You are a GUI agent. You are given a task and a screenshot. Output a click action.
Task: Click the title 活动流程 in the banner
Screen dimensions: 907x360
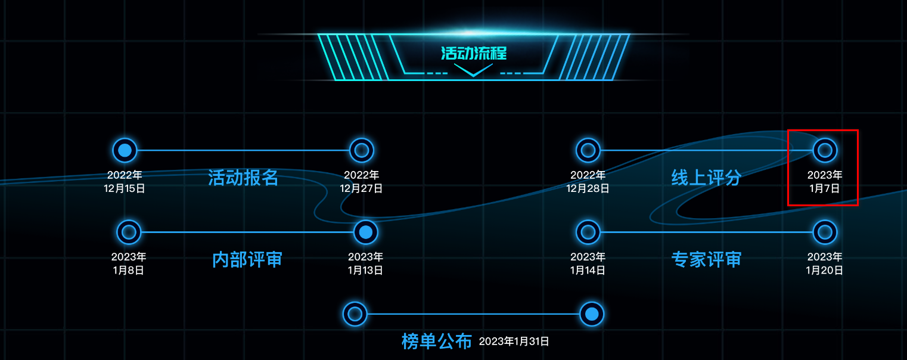pyautogui.click(x=473, y=53)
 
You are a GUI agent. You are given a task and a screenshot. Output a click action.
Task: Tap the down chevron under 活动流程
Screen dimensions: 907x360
pyautogui.click(x=473, y=70)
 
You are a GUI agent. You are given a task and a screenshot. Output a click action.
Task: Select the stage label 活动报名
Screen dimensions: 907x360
pyautogui.click(x=243, y=178)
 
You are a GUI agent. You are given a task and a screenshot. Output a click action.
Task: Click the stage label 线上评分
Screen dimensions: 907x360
pyautogui.click(x=706, y=178)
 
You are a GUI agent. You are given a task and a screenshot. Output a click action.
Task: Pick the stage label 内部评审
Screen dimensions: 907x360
pyautogui.click(x=247, y=260)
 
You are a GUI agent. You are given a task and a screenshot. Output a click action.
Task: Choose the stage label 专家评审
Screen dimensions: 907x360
pyautogui.click(x=706, y=260)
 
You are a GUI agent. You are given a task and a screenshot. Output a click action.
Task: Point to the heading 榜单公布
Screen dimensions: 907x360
pyautogui.click(x=437, y=342)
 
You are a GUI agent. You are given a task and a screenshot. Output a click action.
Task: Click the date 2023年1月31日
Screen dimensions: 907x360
pyautogui.click(x=514, y=342)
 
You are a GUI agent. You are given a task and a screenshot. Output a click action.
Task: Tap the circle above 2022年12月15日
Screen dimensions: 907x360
pyautogui.click(x=125, y=150)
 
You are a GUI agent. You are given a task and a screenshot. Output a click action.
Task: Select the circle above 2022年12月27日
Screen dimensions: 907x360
pyautogui.click(x=362, y=150)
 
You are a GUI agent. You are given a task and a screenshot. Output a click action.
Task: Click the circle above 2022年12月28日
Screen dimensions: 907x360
pyautogui.click(x=588, y=150)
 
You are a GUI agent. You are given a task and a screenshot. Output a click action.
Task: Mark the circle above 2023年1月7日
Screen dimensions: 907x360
pyautogui.click(x=825, y=150)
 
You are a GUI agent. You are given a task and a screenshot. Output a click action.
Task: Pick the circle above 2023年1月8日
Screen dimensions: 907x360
pyautogui.click(x=129, y=232)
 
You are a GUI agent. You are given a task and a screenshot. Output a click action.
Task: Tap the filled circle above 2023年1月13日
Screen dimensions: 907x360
pyautogui.click(x=366, y=232)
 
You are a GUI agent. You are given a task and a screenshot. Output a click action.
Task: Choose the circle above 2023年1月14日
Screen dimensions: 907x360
pyautogui.click(x=588, y=232)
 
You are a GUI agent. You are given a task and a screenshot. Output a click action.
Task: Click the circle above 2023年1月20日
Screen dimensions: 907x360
pyautogui.click(x=825, y=232)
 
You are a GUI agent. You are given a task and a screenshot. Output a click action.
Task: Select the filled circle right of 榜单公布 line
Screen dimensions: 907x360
pyautogui.click(x=592, y=314)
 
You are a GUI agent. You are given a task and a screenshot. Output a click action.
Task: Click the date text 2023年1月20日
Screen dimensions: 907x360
pyautogui.click(x=825, y=263)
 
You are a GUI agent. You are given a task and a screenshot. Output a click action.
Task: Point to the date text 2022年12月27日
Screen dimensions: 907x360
pyautogui.click(x=362, y=182)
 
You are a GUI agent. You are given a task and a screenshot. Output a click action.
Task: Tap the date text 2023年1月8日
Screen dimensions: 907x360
pyautogui.click(x=129, y=263)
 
